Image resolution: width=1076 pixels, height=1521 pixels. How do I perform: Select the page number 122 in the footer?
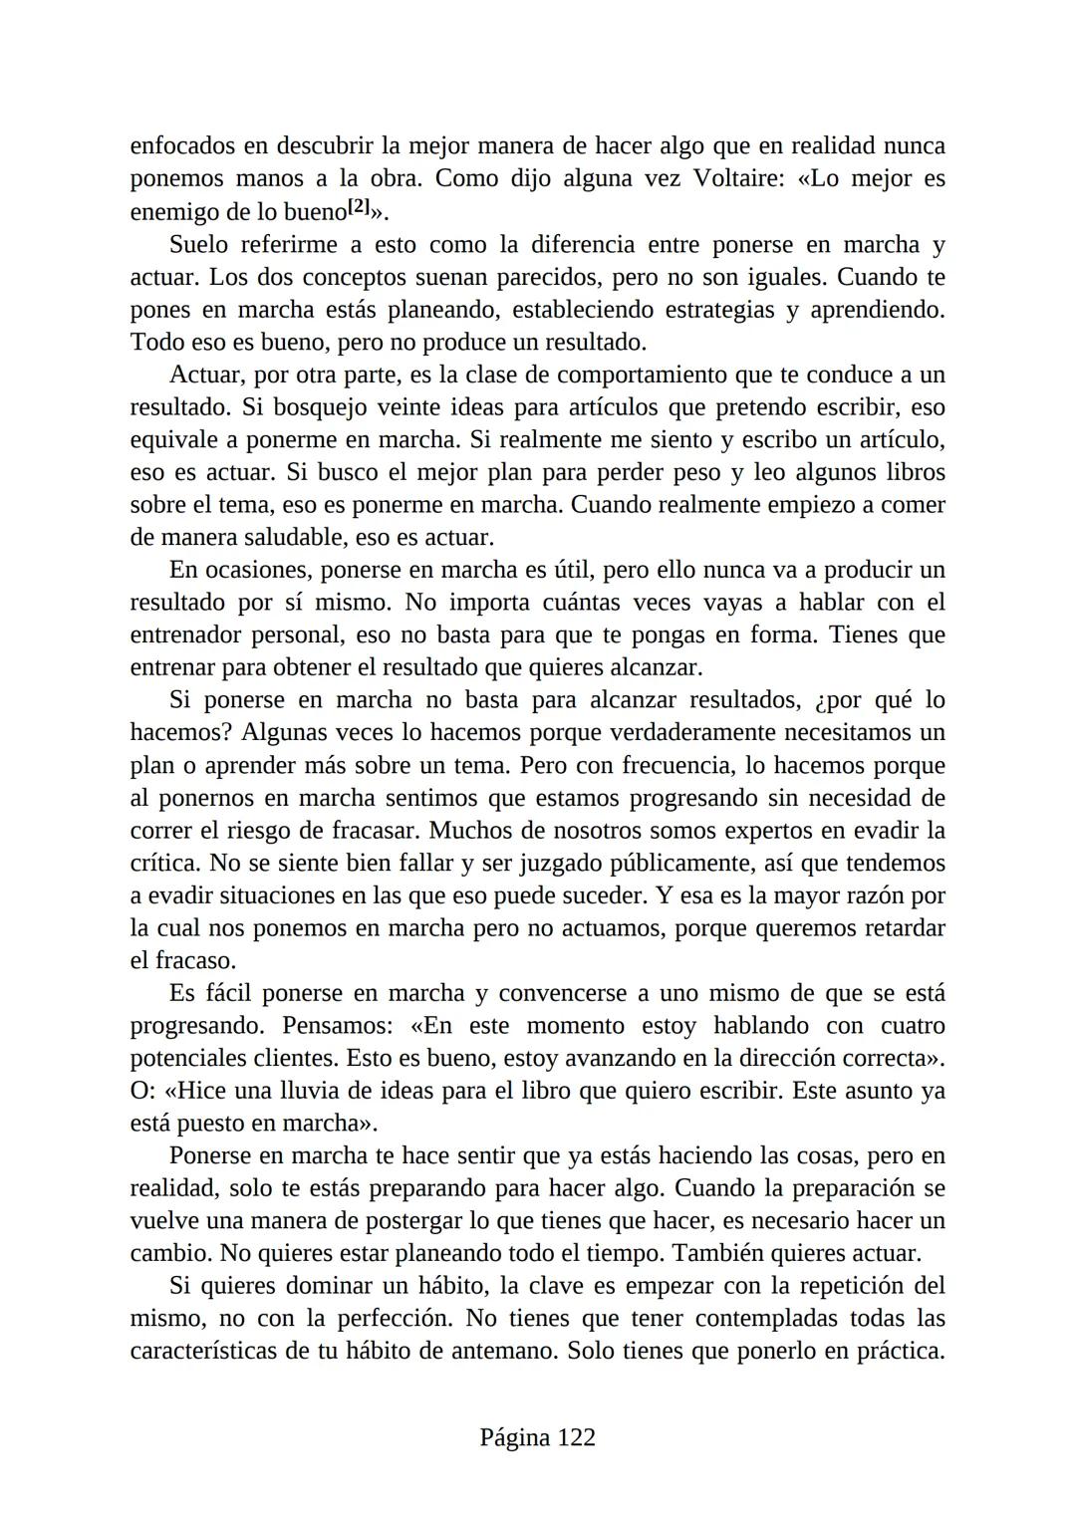[x=576, y=1437]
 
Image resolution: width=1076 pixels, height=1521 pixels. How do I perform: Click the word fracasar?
[x=376, y=831]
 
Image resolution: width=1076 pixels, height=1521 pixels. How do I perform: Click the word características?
[x=212, y=1352]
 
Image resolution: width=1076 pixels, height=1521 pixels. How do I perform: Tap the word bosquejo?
[x=320, y=407]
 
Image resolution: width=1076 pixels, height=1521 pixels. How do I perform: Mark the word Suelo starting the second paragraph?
[x=198, y=245]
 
